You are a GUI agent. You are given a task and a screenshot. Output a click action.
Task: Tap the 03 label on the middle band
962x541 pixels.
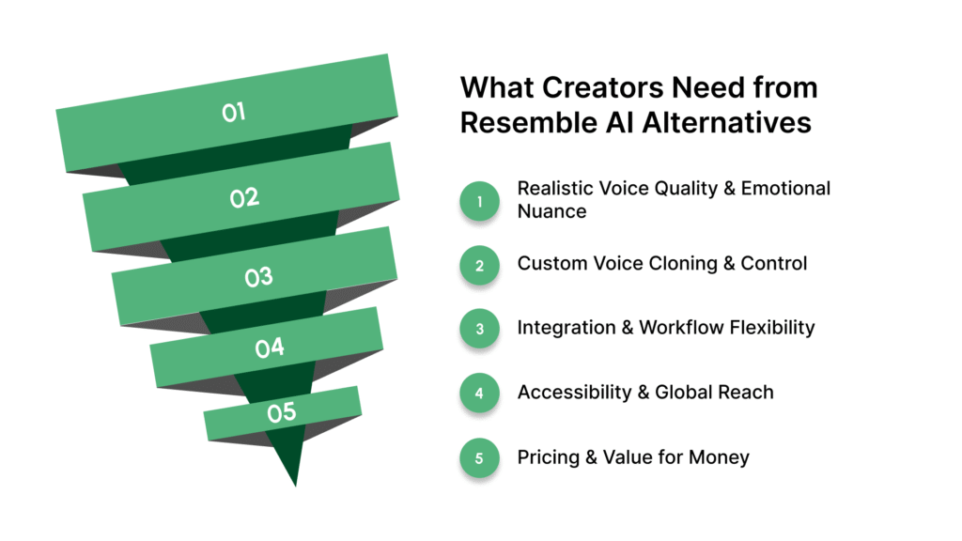click(258, 277)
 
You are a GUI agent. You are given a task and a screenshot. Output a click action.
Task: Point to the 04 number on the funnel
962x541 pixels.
click(270, 348)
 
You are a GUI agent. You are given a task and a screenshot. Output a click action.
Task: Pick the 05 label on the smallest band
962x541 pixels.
click(281, 412)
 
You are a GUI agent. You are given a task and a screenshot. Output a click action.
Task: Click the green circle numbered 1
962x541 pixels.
click(479, 200)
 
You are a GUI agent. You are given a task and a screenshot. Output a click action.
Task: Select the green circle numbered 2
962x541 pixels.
click(479, 265)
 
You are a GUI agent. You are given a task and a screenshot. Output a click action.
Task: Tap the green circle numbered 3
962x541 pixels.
click(479, 329)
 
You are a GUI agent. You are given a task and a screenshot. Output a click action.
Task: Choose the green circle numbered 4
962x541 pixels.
click(479, 394)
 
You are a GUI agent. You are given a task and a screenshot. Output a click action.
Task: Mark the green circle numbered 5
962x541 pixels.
click(479, 458)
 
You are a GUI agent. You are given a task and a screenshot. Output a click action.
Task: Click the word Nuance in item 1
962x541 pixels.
click(551, 211)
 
